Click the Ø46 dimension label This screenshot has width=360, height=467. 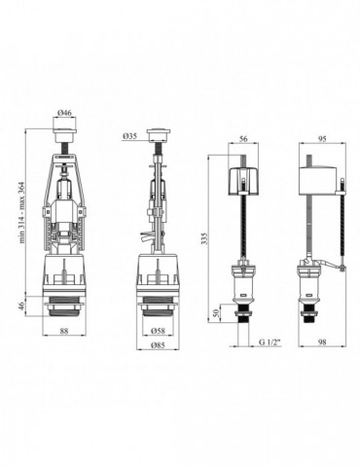(64, 113)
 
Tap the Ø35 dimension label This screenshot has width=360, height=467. (129, 136)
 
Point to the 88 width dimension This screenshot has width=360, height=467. (64, 331)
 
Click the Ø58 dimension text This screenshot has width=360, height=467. (159, 331)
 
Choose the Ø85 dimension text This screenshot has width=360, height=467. (159, 345)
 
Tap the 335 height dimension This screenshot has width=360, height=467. (203, 238)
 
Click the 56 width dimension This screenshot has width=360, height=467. (243, 138)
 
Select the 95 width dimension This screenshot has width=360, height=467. (322, 138)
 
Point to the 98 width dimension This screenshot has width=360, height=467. (322, 342)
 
